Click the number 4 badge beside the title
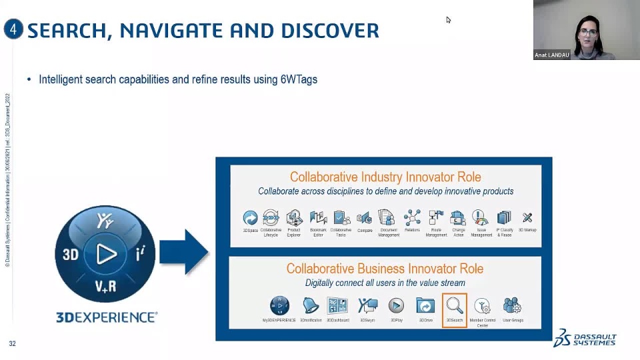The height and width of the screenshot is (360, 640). [x=13, y=29]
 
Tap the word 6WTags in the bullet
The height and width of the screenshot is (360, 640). [x=299, y=79]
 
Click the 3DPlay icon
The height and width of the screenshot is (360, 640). [x=396, y=305]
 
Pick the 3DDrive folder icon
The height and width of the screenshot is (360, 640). [x=425, y=305]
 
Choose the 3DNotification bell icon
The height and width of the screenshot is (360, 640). [x=311, y=305]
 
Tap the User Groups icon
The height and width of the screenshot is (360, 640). [x=512, y=305]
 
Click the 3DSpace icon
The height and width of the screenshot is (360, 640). [x=250, y=217]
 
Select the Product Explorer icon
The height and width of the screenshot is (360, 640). [x=294, y=217]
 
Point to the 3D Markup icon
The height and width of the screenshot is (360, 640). [x=527, y=217]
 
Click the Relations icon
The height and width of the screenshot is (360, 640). [x=412, y=217]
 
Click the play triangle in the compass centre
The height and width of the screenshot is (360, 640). [x=105, y=254]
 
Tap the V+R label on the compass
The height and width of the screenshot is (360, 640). [x=105, y=287]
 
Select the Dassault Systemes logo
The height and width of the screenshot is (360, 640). [x=585, y=338]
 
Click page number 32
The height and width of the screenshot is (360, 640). [x=12, y=343]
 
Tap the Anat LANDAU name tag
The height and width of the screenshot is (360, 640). [x=551, y=55]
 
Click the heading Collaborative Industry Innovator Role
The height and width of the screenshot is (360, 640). [x=385, y=177]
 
